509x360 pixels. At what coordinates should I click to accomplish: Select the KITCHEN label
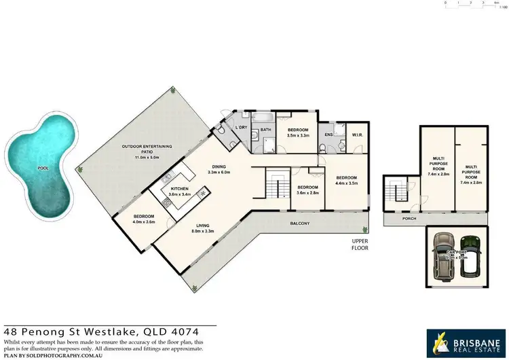179,188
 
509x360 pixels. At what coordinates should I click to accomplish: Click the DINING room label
218,166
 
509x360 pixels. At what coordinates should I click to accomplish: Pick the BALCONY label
300,223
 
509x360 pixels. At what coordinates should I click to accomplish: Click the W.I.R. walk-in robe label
356,134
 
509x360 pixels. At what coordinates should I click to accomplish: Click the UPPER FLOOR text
360,245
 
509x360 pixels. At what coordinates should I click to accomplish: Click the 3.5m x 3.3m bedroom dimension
298,136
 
